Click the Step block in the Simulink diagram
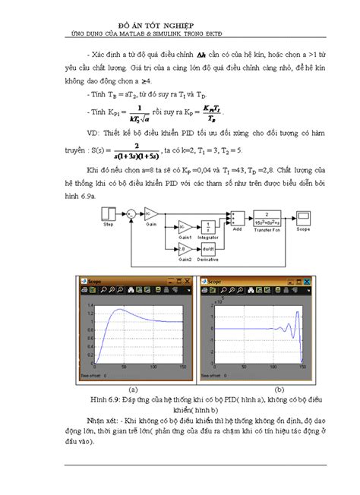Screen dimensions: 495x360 tap(109, 211)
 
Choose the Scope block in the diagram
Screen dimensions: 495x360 tap(302, 216)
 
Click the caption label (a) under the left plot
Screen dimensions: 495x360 tap(134, 389)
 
